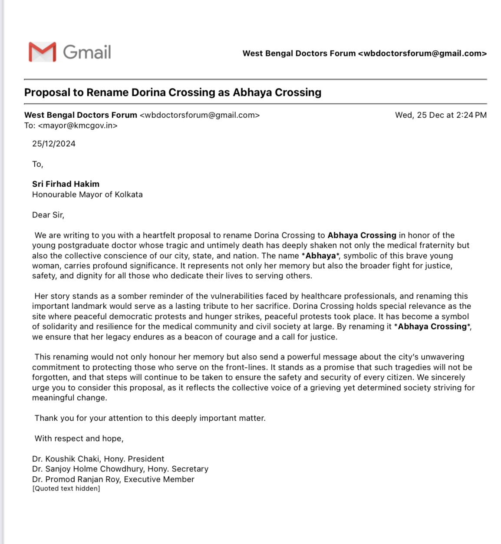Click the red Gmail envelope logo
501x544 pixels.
click(x=42, y=52)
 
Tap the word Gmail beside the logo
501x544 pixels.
click(x=87, y=52)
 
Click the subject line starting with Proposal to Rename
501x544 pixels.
click(x=173, y=92)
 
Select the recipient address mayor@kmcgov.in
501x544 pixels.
click(x=78, y=125)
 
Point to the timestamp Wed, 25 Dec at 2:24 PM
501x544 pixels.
click(x=441, y=115)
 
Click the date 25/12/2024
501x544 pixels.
click(x=54, y=144)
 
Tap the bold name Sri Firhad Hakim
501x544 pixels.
click(x=66, y=184)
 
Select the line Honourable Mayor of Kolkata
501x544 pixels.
click(x=87, y=195)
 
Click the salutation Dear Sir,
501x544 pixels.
click(x=48, y=215)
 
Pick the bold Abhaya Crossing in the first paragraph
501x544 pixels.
click(x=362, y=235)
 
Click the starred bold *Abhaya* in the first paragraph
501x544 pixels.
click(x=320, y=256)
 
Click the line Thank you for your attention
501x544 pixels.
click(x=150, y=418)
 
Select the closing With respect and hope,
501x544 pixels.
click(x=79, y=438)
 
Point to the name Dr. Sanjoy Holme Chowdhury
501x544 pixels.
click(x=88, y=469)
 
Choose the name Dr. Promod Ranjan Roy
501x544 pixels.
click(x=80, y=479)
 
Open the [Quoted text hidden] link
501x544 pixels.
click(x=66, y=488)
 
